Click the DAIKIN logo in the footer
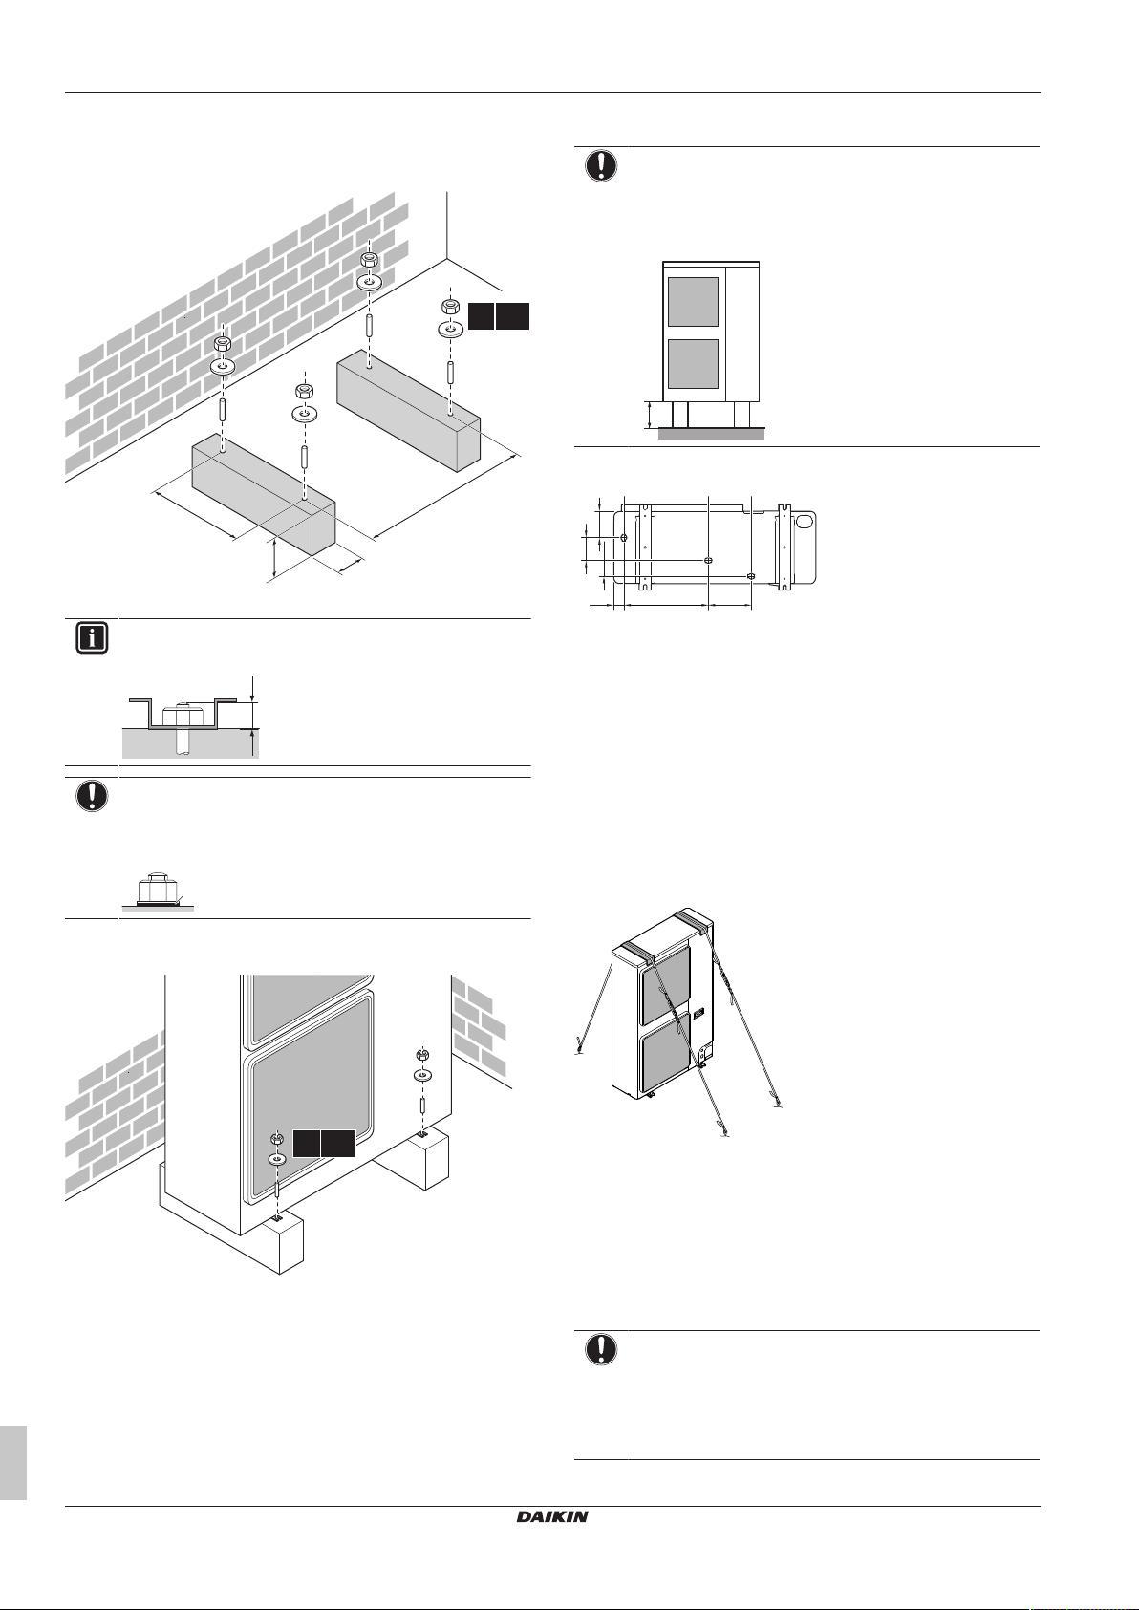point(552,1516)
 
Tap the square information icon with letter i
point(91,638)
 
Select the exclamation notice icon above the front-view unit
point(600,165)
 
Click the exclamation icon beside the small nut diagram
point(91,797)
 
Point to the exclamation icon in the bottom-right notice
point(600,1349)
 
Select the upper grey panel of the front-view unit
point(693,302)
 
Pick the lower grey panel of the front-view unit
point(693,364)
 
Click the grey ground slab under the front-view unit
point(711,434)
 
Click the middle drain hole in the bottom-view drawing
point(707,560)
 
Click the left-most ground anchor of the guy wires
point(579,1051)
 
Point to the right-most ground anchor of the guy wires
point(780,1106)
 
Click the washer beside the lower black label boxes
point(276,1158)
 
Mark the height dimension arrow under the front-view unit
point(650,415)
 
